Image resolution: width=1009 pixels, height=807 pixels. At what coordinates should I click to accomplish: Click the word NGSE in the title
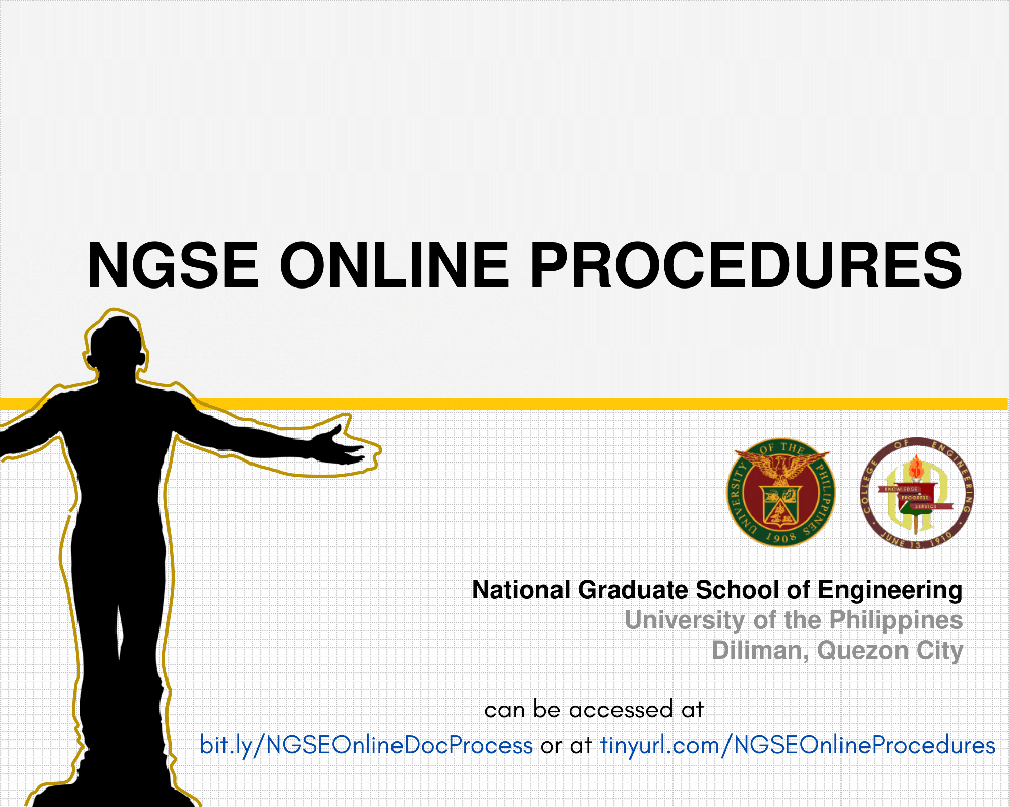tap(173, 265)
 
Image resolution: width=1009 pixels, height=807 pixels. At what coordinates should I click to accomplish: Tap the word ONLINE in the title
tap(394, 265)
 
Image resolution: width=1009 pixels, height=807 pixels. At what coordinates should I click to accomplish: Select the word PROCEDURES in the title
tap(746, 265)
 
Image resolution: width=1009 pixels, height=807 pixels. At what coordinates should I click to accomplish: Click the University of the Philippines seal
tap(780, 492)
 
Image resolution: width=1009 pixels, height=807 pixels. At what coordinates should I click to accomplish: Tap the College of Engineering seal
tap(916, 493)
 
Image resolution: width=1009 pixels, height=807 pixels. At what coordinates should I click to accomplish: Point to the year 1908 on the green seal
tap(781, 537)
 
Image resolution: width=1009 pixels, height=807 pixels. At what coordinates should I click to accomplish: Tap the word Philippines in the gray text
tap(896, 621)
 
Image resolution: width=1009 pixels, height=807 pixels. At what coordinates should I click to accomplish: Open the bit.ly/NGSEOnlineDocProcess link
tap(366, 745)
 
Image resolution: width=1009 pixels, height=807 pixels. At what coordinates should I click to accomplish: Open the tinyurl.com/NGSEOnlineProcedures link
tap(798, 745)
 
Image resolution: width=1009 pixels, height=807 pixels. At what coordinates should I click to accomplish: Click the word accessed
tap(621, 710)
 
